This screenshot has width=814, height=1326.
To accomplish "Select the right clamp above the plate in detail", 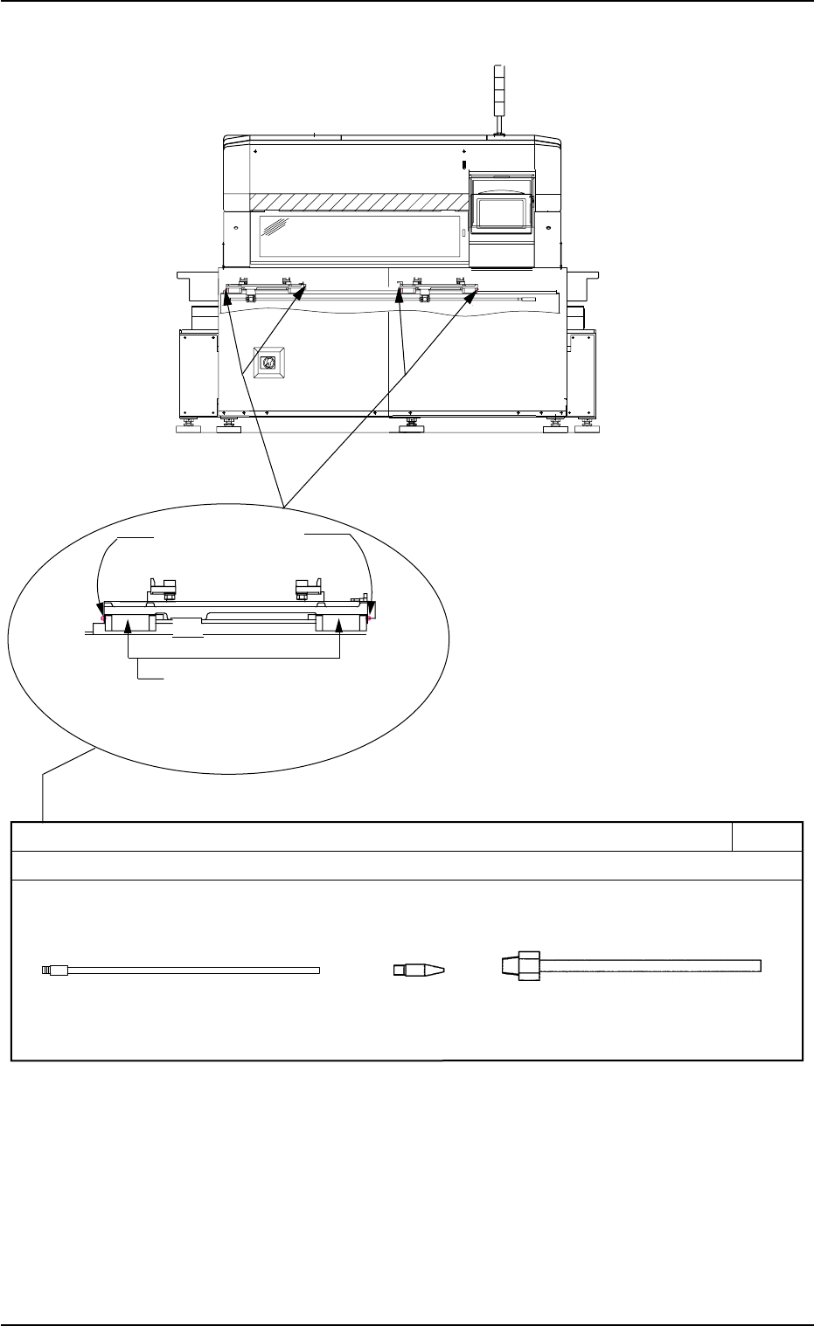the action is [x=308, y=587].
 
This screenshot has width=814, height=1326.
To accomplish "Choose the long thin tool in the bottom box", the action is [x=182, y=970].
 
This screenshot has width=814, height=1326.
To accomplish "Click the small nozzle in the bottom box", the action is [x=418, y=970].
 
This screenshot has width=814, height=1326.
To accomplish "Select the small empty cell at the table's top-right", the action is [x=768, y=837].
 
